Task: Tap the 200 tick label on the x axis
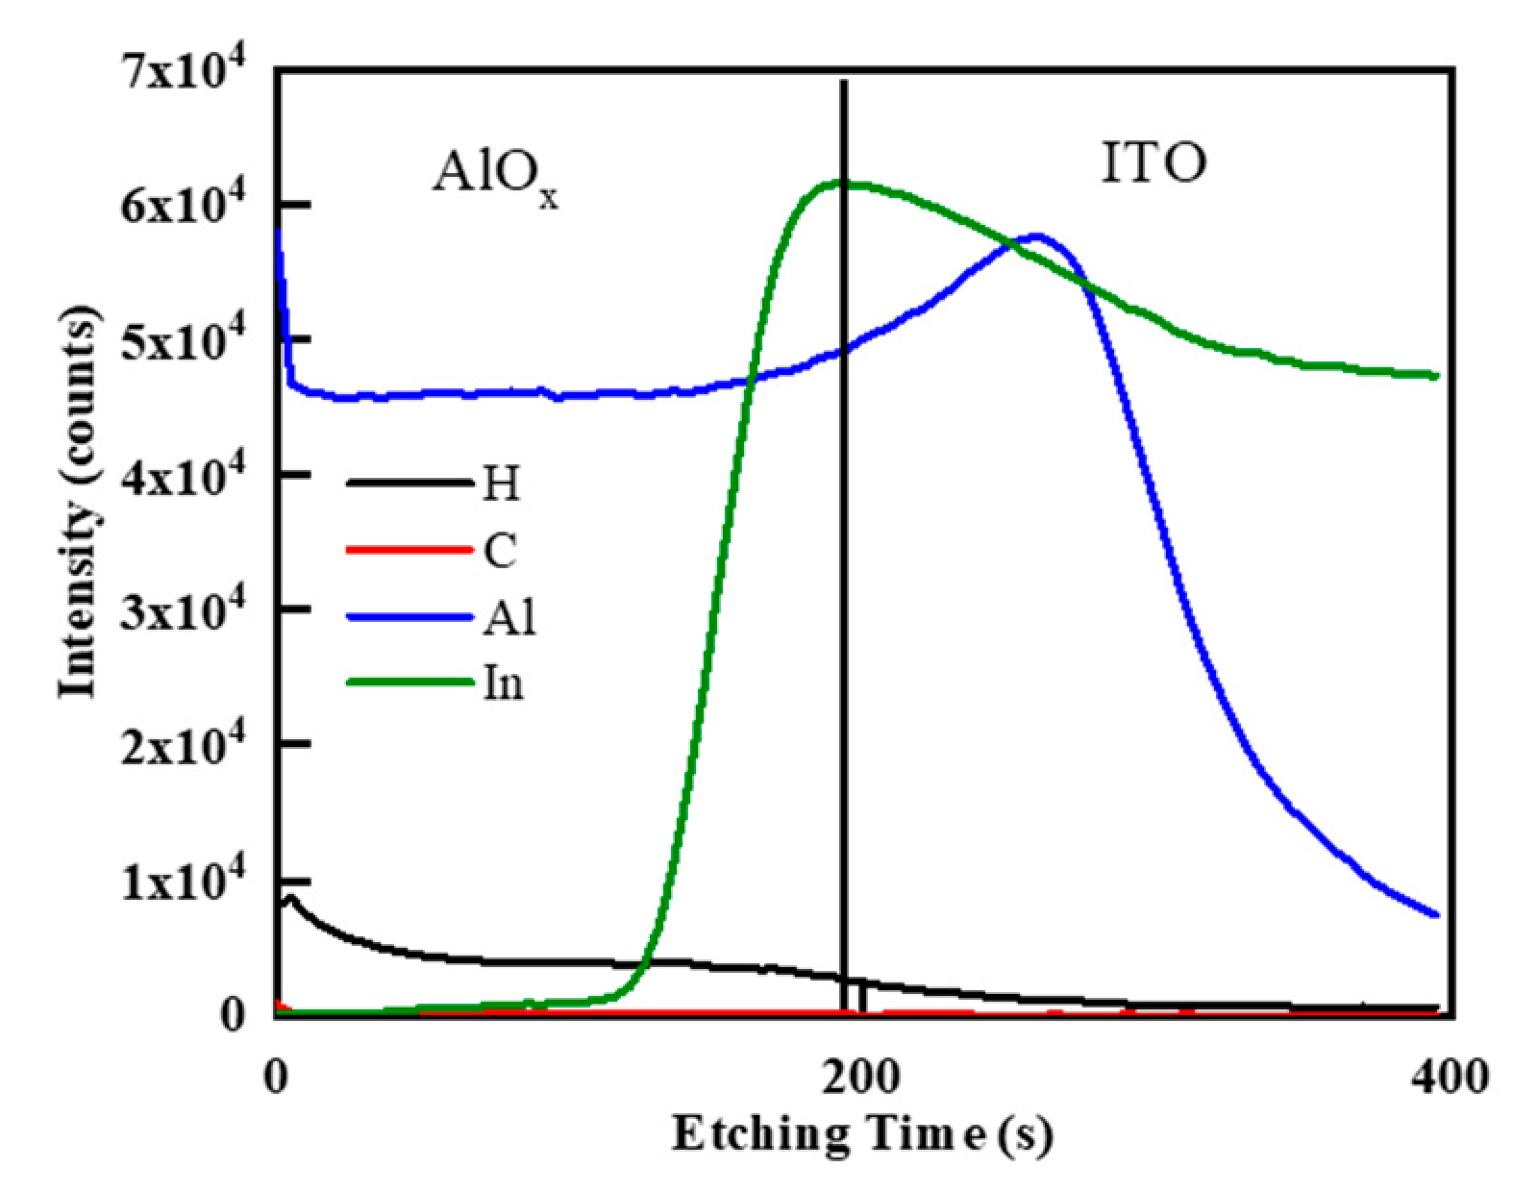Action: coord(862,1074)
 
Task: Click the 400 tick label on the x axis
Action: coord(1450,1074)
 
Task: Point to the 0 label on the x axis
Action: coord(277,1074)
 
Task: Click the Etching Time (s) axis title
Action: coord(862,1134)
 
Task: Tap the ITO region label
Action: coord(1152,163)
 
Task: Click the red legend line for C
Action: coord(409,551)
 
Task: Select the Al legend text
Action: coord(509,618)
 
